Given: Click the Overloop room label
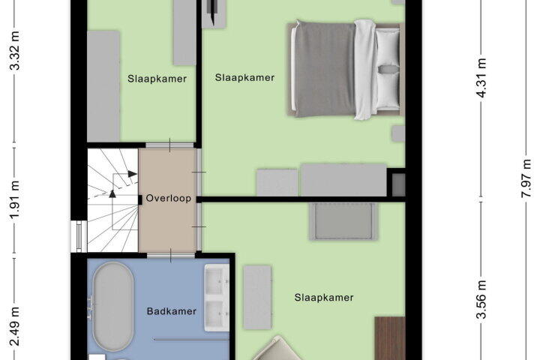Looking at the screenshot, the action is [x=169, y=199].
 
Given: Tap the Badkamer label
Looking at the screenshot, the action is [x=172, y=311].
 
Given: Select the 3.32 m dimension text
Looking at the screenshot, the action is [x=15, y=51].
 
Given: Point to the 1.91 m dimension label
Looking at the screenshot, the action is [x=15, y=199].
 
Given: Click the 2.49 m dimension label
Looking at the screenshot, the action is [x=15, y=326].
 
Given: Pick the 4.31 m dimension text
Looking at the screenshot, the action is [x=481, y=78].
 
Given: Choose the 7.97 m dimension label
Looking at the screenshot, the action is [x=526, y=178].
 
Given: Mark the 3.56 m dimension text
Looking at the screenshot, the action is [x=481, y=300].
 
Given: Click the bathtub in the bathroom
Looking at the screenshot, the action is [x=113, y=306].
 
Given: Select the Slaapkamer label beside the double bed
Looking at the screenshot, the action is [x=244, y=77].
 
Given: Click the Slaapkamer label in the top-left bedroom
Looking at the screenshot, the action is [x=157, y=79].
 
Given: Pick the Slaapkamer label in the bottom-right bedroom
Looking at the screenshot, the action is [x=324, y=298].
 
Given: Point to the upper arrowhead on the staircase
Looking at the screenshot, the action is [x=132, y=174].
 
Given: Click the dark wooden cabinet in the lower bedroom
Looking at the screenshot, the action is [x=390, y=338].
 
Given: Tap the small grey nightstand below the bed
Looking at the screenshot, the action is [x=398, y=133].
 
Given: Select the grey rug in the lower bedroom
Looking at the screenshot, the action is [x=343, y=220].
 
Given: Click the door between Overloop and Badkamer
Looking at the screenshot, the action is [x=171, y=255].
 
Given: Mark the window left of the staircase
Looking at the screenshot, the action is [x=79, y=236].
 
